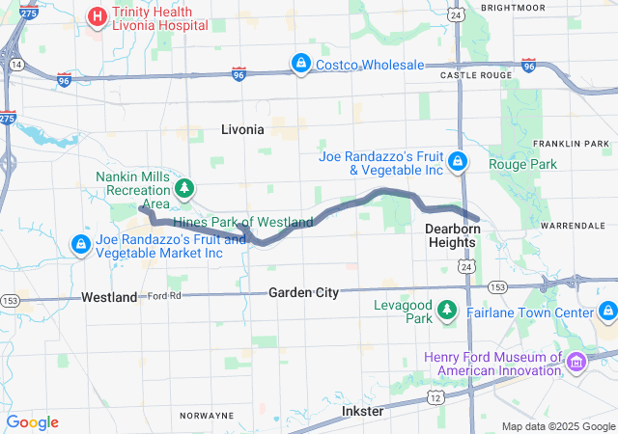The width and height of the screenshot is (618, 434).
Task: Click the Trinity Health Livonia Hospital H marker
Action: click(x=98, y=16)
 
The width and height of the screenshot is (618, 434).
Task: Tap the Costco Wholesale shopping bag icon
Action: click(x=301, y=64)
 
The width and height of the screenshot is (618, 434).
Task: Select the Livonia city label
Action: click(x=241, y=128)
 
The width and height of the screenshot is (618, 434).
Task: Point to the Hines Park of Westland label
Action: click(x=242, y=222)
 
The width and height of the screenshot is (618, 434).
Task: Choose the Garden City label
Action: click(x=303, y=292)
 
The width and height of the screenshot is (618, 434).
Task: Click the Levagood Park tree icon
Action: click(x=447, y=310)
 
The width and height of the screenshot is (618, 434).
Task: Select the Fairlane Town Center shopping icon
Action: click(x=607, y=312)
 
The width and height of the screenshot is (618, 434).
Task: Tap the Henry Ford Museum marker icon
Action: click(x=576, y=363)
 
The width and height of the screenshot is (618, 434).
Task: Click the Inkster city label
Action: click(x=362, y=411)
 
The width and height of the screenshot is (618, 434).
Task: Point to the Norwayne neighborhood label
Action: click(x=207, y=416)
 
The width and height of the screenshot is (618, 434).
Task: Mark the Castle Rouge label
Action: click(x=474, y=74)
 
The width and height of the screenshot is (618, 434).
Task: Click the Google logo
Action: click(x=33, y=422)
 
